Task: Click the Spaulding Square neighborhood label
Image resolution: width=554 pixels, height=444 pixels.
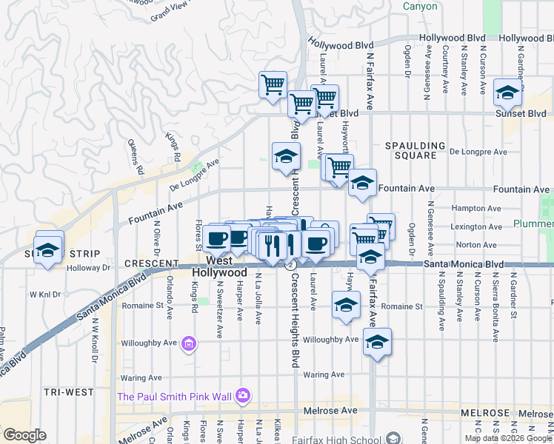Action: point(415,150)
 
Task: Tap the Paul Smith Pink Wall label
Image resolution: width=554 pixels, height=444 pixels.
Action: point(175,397)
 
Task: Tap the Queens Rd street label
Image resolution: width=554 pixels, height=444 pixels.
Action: point(136,156)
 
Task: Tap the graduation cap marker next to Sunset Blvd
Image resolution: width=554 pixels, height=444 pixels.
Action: point(507,92)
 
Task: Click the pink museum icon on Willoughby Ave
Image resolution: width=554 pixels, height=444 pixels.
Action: point(189,343)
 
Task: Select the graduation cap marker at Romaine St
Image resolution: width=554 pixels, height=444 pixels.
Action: point(346,305)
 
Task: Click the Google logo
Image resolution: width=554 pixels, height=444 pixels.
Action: point(24,435)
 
